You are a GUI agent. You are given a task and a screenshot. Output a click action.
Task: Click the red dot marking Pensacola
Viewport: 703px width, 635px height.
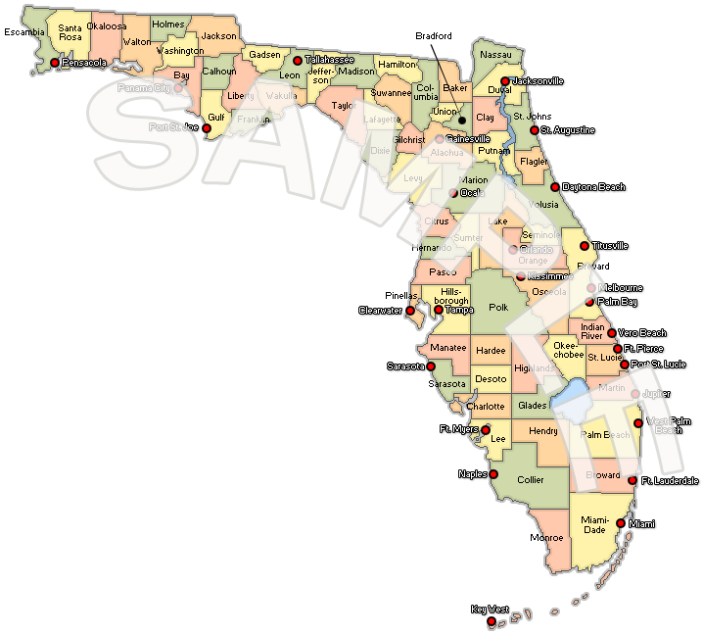[54, 64]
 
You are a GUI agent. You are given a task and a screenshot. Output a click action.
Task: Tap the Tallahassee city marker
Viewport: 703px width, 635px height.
[298, 61]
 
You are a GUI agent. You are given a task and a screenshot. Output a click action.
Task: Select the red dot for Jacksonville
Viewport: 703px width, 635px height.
[504, 81]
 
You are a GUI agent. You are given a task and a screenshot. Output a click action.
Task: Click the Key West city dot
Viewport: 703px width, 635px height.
[492, 620]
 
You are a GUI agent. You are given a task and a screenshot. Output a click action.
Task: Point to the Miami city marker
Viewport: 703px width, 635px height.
[621, 523]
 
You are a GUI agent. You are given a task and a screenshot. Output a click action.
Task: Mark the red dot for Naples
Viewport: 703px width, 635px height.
[493, 474]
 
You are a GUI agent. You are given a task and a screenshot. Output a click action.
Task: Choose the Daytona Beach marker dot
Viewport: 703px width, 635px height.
[555, 187]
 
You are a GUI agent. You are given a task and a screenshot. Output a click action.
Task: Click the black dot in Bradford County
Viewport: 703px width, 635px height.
[462, 121]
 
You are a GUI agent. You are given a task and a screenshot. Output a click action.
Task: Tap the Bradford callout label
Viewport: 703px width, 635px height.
[433, 36]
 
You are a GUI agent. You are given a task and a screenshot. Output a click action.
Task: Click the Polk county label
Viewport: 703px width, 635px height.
[498, 308]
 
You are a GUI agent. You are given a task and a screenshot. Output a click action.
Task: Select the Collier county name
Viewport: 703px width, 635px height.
[531, 480]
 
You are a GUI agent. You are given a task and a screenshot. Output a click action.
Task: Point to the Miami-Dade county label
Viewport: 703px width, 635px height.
[595, 525]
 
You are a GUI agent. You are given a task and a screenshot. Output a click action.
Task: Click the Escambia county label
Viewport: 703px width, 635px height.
[23, 32]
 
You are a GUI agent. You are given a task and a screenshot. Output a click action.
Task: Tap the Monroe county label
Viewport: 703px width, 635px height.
[545, 538]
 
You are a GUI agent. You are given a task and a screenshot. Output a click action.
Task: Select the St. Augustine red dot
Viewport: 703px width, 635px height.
[534, 130]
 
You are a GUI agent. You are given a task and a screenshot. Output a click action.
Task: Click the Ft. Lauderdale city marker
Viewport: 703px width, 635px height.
[633, 481]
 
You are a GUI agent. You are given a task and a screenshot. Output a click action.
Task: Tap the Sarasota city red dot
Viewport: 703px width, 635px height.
[431, 366]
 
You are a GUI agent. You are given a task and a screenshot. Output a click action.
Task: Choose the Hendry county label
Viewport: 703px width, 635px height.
[542, 431]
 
